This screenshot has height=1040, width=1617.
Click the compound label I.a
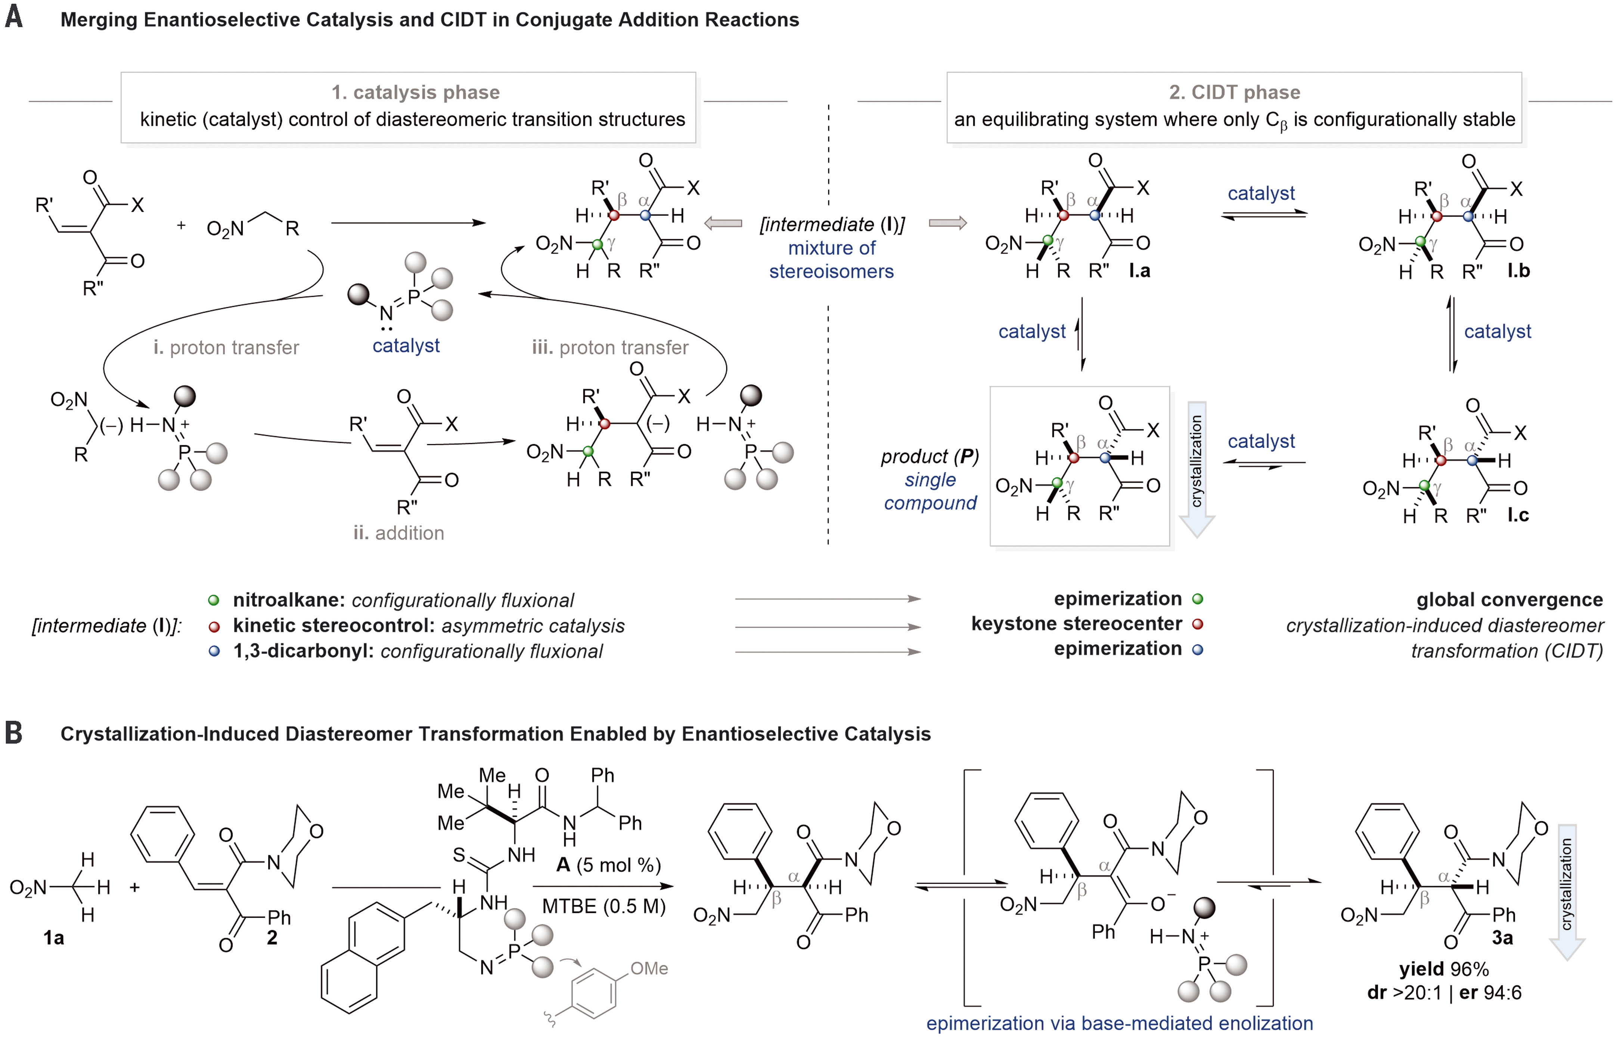[1140, 271]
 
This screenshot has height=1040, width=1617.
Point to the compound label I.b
[1518, 271]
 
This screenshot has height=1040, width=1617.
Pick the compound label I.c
[1518, 515]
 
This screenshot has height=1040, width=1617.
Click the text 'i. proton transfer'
[226, 347]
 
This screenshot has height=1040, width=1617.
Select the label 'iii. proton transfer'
[610, 347]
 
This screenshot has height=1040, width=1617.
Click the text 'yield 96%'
[1443, 969]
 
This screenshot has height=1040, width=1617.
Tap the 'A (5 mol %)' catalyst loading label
[608, 865]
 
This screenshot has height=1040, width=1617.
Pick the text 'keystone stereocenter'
[1077, 624]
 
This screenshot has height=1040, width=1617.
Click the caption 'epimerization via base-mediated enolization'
[1120, 1023]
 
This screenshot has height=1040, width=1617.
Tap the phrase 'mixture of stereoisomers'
[832, 259]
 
